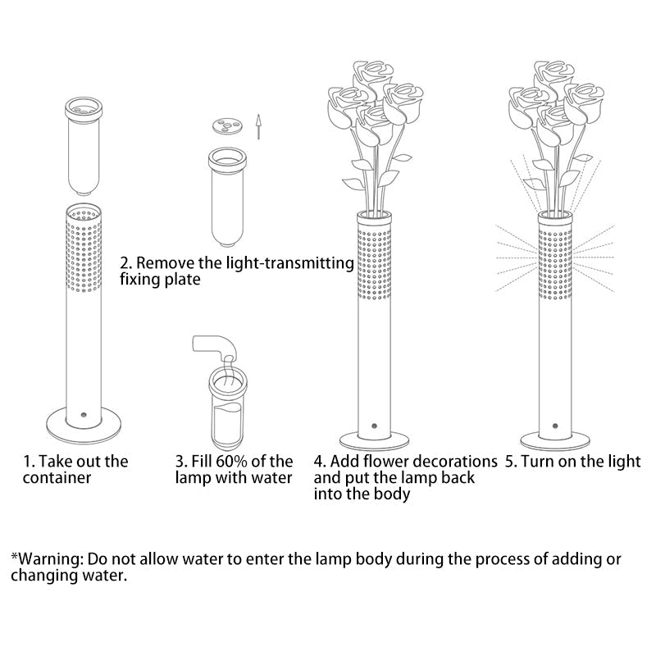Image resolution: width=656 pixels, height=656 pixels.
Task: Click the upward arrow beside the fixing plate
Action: click(x=258, y=126)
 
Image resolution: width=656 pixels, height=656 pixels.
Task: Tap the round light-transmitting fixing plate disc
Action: click(x=227, y=125)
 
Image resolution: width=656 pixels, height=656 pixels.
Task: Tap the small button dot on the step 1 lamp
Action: click(x=84, y=415)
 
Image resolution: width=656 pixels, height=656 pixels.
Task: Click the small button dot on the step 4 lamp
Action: click(x=374, y=426)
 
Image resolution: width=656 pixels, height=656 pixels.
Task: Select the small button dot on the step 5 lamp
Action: click(x=555, y=426)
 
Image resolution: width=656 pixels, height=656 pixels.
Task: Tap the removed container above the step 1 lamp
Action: click(x=84, y=147)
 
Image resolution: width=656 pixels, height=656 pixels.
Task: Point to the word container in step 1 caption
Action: click(x=57, y=478)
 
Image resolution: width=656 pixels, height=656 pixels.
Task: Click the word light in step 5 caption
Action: click(x=625, y=462)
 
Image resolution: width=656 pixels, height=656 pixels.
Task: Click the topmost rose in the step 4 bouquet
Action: click(x=372, y=77)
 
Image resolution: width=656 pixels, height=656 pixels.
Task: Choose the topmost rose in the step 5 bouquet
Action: click(x=553, y=77)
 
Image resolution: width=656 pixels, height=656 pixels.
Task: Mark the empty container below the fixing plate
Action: click(x=227, y=197)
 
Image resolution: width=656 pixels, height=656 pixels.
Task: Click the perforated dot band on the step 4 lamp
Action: click(x=374, y=263)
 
